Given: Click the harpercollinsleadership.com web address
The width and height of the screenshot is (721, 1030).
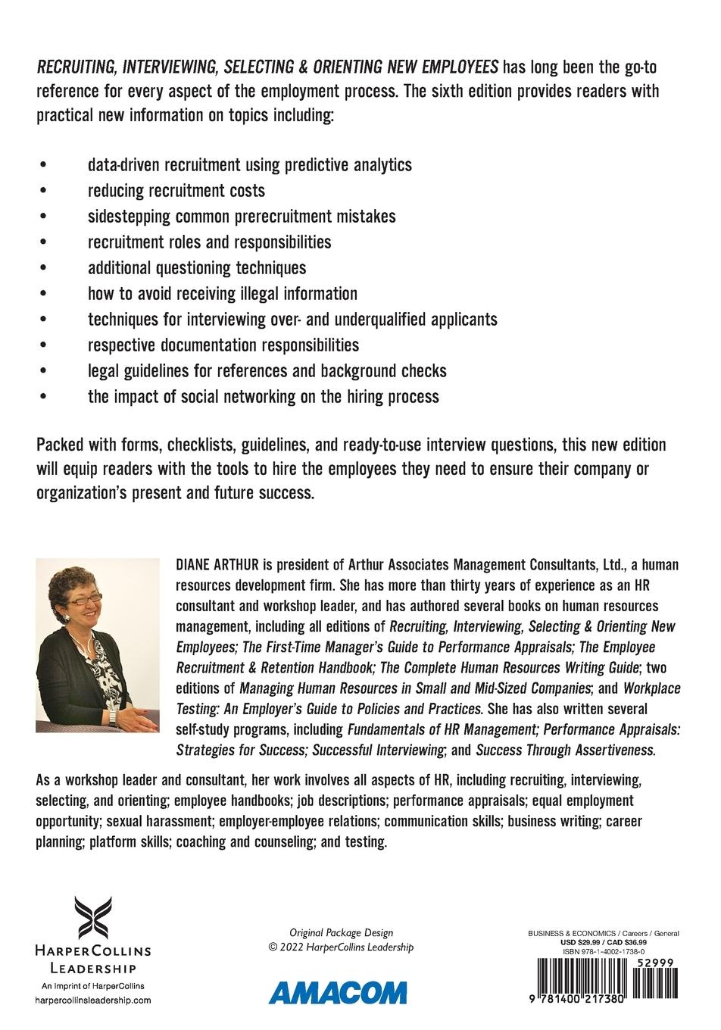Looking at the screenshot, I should click(x=93, y=1000).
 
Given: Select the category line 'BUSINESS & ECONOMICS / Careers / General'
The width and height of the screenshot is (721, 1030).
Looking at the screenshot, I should click(x=603, y=934).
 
